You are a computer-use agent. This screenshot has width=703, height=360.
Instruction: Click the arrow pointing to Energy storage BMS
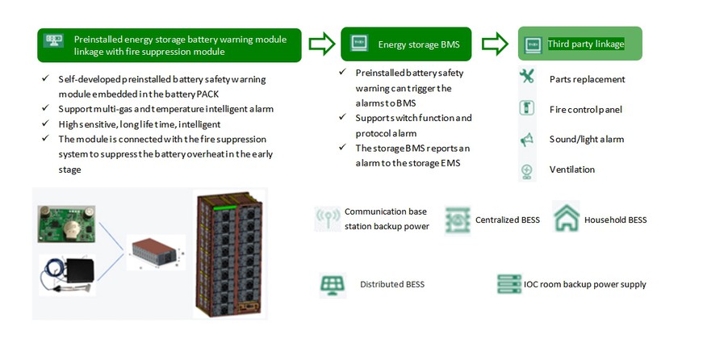(x=322, y=44)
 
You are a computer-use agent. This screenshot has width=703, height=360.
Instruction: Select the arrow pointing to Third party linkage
(x=495, y=44)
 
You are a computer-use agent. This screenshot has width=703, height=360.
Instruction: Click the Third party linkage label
(x=586, y=44)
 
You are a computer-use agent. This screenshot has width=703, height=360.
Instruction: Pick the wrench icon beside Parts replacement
(x=527, y=77)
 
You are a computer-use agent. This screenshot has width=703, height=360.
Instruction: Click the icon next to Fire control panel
(x=527, y=108)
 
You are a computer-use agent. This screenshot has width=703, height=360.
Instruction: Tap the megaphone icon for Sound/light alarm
(x=527, y=140)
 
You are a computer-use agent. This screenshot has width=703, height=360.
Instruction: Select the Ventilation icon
(x=527, y=170)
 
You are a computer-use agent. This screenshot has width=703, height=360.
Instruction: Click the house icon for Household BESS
(x=566, y=217)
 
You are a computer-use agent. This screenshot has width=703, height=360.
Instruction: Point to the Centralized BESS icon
(x=458, y=220)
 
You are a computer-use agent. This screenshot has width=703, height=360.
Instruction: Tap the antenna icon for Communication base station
(x=328, y=219)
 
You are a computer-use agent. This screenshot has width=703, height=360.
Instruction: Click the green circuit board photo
(x=67, y=223)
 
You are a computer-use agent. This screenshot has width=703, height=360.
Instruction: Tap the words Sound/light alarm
(x=587, y=140)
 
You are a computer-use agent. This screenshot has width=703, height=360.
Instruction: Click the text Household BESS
(x=615, y=220)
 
